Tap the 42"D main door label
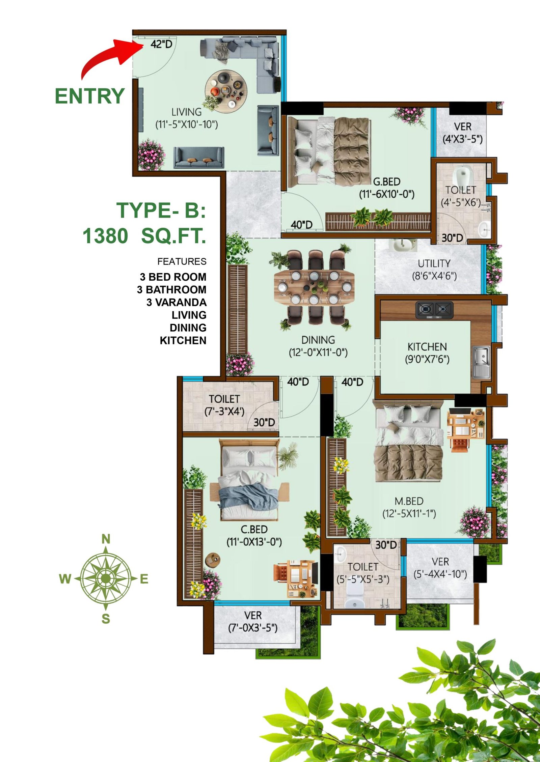click(x=161, y=44)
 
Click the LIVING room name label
click(x=186, y=112)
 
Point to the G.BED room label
click(x=386, y=182)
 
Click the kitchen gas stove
click(x=434, y=309)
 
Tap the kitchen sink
click(x=481, y=362)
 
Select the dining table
click(x=314, y=287)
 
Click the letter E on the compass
click(x=144, y=579)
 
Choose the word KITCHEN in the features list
click(x=183, y=340)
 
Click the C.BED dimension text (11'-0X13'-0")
click(x=254, y=542)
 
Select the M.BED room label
click(x=409, y=501)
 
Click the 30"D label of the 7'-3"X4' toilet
click(x=264, y=422)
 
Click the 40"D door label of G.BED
click(x=301, y=225)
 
